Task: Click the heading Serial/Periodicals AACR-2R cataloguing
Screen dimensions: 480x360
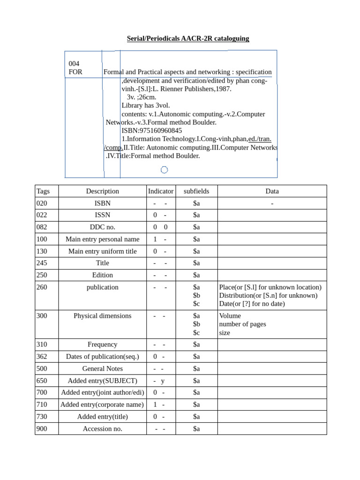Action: pos(188,38)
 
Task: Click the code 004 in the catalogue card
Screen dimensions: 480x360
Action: pos(74,64)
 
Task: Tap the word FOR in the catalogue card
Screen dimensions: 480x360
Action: pos(75,72)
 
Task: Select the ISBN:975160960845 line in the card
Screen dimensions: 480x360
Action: pos(151,131)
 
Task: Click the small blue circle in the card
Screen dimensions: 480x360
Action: pos(164,170)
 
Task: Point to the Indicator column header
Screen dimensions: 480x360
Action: pos(161,191)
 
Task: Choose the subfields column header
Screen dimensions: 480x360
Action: pos(196,191)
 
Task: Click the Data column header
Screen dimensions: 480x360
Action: pos(272,191)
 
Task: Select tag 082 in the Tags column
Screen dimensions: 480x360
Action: pos(42,227)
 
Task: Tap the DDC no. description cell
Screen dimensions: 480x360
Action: pos(102,227)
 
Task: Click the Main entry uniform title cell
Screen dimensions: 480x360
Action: pos(102,251)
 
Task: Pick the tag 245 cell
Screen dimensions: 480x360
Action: pos(42,263)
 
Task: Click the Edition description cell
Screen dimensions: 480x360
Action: pos(102,275)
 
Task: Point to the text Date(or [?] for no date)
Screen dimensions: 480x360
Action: pos(252,304)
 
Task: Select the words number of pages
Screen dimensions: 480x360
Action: pos(242,324)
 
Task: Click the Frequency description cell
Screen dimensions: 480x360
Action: pos(102,345)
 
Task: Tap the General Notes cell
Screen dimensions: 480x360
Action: pos(102,369)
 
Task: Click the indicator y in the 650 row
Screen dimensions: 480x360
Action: pos(163,381)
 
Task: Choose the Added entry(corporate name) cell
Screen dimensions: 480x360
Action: pos(102,405)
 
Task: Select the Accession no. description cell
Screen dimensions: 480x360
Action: pos(102,429)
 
